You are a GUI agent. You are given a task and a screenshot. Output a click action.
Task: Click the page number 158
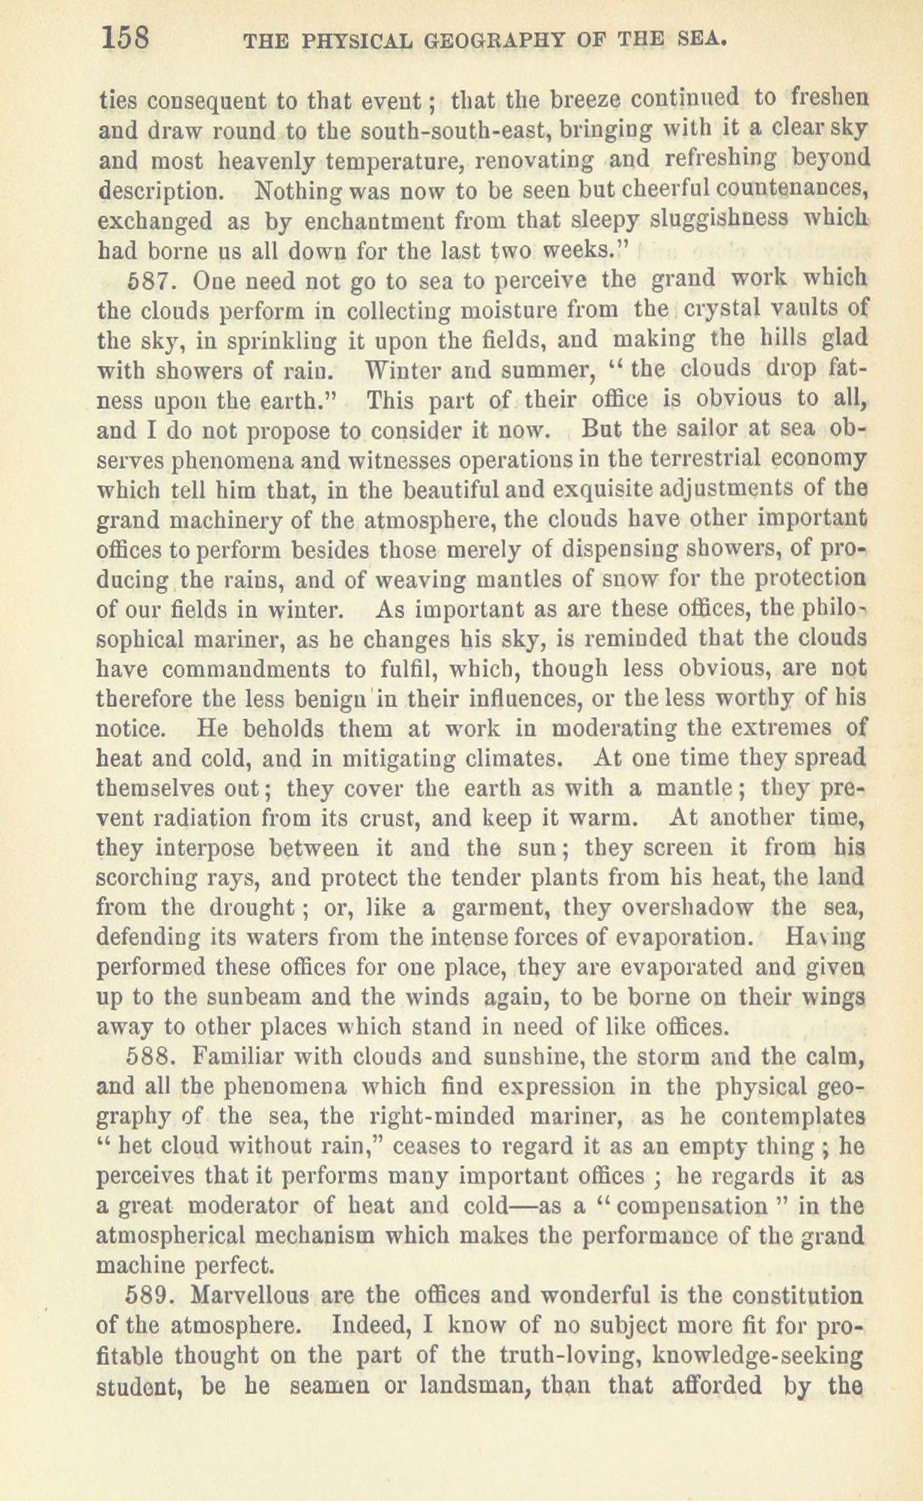(x=126, y=35)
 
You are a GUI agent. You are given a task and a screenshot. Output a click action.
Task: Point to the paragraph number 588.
(x=152, y=1057)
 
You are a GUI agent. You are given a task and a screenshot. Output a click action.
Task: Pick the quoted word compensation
(x=677, y=1205)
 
